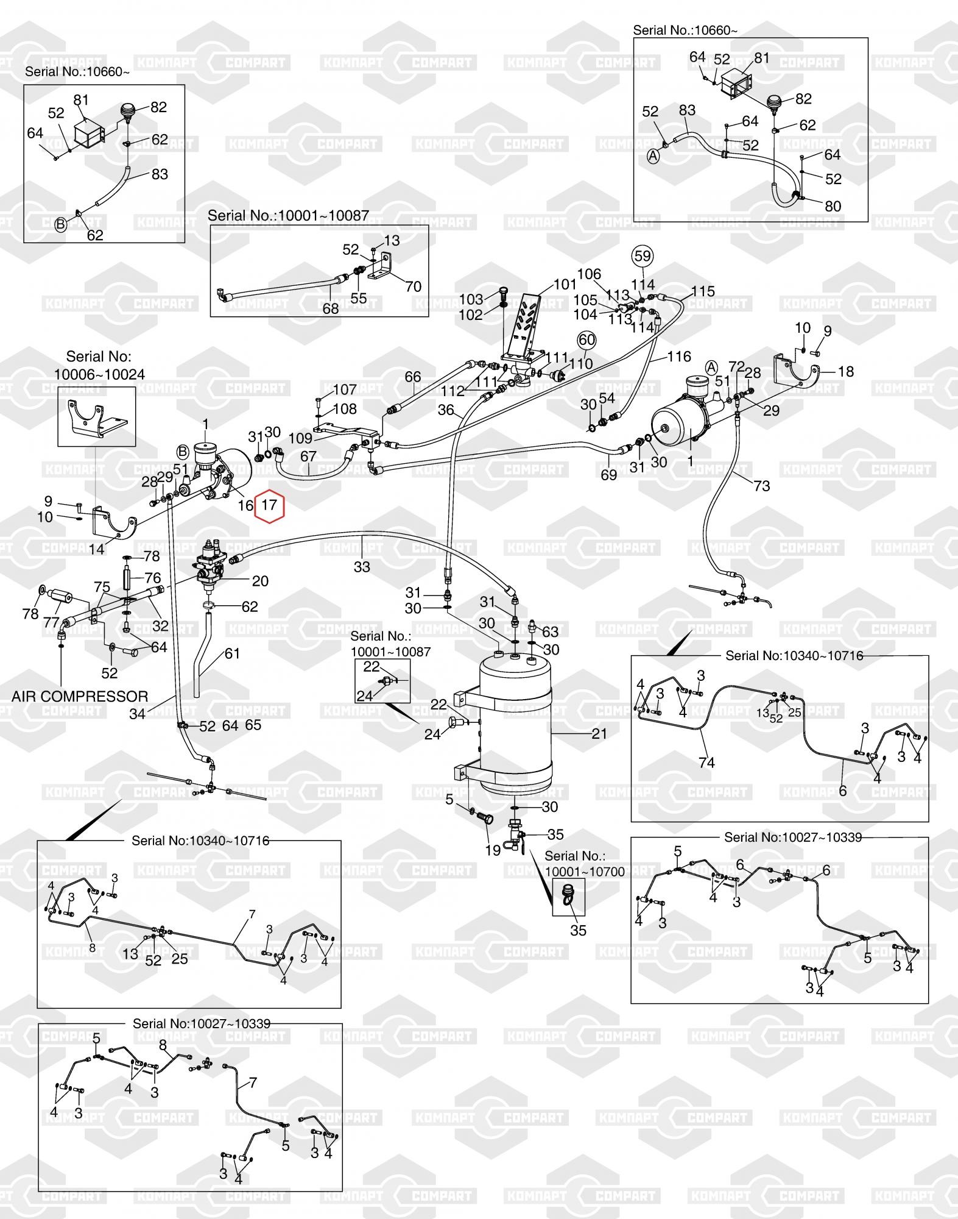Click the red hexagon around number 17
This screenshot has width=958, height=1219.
pyautogui.click(x=269, y=505)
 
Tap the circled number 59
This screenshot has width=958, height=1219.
pyautogui.click(x=643, y=256)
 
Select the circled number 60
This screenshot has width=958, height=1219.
pyautogui.click(x=586, y=340)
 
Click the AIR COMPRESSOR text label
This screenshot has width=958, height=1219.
pyautogui.click(x=80, y=697)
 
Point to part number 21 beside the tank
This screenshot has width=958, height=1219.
pyautogui.click(x=599, y=734)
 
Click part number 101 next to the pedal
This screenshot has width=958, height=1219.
pyautogui.click(x=565, y=285)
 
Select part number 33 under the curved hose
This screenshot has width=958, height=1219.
pyautogui.click(x=362, y=567)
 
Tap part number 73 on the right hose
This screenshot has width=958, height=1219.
pyautogui.click(x=762, y=486)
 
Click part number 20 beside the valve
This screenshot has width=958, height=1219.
pyautogui.click(x=260, y=581)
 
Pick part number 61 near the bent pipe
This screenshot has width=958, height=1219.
pyautogui.click(x=232, y=653)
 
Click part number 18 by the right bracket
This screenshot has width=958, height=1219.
pyautogui.click(x=845, y=371)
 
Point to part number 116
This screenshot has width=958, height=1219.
pyautogui.click(x=679, y=357)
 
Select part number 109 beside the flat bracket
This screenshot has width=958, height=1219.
pyautogui.click(x=300, y=438)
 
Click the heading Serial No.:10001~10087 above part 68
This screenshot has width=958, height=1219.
pyautogui.click(x=288, y=216)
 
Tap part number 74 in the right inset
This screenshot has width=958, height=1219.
pyautogui.click(x=706, y=762)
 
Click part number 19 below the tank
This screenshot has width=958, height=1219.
pyautogui.click(x=493, y=850)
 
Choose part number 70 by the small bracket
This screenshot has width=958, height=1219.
pyautogui.click(x=413, y=286)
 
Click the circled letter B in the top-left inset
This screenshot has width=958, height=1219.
pyautogui.click(x=60, y=224)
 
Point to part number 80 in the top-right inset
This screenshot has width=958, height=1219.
pyautogui.click(x=833, y=206)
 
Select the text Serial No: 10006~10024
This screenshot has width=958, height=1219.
pyautogui.click(x=99, y=365)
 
